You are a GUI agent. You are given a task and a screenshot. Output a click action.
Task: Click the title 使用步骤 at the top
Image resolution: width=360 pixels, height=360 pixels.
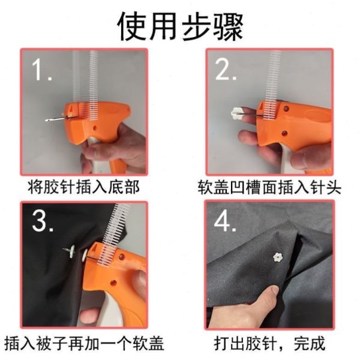(x=180, y=27)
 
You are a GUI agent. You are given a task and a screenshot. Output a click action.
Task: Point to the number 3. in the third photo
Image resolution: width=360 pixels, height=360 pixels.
(x=43, y=221)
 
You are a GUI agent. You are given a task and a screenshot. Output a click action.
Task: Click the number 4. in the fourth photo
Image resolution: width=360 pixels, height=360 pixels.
(x=225, y=221)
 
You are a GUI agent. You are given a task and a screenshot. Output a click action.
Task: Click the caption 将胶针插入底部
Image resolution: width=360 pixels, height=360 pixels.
(x=83, y=187)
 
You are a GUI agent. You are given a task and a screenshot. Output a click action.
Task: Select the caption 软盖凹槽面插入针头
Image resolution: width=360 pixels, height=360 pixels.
(x=269, y=187)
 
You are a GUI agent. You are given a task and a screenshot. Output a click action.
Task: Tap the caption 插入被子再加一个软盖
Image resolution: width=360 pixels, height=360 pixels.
(x=84, y=343)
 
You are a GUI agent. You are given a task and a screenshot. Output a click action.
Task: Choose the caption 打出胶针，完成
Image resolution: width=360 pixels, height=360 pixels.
(x=269, y=343)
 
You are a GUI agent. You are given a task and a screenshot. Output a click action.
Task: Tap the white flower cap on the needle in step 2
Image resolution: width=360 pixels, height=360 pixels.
(x=235, y=114)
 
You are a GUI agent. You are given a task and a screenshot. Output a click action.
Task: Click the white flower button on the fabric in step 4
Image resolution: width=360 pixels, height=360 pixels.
(x=278, y=257)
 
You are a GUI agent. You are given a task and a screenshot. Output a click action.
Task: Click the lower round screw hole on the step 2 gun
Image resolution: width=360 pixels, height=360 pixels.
(x=284, y=133)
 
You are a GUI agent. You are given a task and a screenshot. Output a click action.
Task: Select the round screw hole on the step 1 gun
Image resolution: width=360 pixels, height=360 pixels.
(x=94, y=128)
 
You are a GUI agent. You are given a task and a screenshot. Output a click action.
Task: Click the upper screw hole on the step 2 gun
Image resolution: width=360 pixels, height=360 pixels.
(x=286, y=108)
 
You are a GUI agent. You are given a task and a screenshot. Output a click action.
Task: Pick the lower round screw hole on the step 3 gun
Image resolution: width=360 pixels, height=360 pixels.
(x=113, y=283)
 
